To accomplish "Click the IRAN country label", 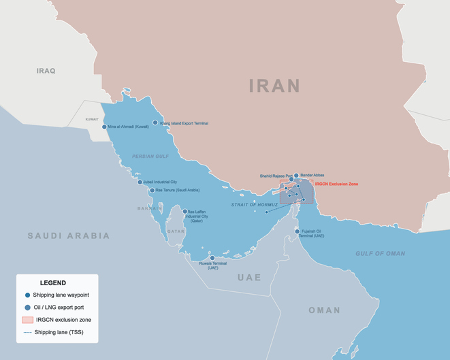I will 274,86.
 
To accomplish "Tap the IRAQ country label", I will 46,71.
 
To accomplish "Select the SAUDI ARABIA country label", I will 68,235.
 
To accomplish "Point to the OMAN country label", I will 324,310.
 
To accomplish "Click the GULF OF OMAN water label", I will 380,254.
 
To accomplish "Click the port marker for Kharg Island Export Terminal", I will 155,123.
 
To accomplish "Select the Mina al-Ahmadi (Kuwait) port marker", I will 104,127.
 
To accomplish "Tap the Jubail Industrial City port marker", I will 140,182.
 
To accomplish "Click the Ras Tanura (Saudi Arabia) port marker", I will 152,191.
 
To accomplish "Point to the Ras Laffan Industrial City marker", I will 184,212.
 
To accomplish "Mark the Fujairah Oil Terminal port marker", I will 298,232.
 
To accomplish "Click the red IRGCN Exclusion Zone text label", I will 336,184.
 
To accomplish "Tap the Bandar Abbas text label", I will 312,175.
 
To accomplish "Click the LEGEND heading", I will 53,283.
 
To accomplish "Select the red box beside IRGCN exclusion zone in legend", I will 27,320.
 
